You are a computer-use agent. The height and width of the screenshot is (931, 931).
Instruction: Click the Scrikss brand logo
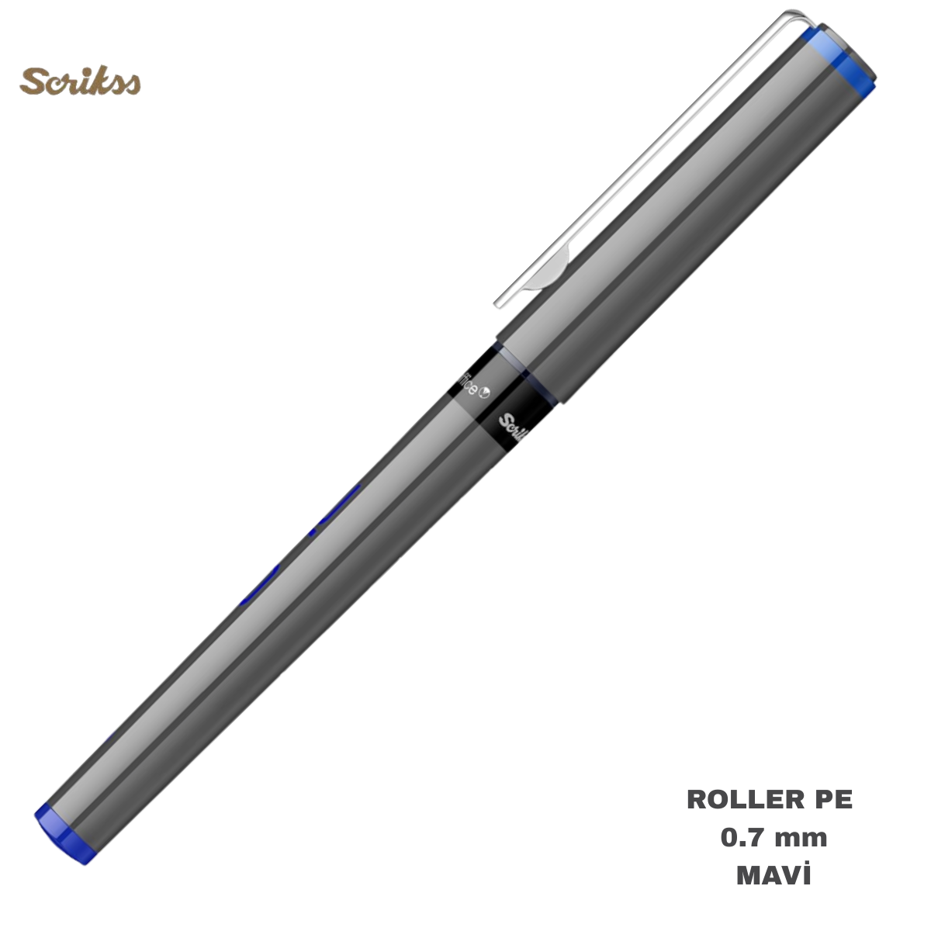pyautogui.click(x=80, y=81)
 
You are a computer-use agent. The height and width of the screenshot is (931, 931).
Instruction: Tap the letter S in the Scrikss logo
pyautogui.click(x=32, y=81)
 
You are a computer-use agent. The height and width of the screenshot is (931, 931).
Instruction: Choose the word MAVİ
pyautogui.click(x=773, y=876)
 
